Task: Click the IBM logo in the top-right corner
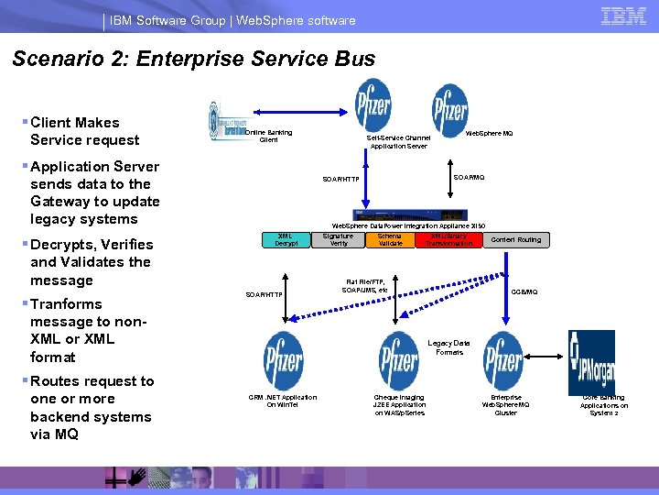[x=624, y=16]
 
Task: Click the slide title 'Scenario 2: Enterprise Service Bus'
[x=194, y=60]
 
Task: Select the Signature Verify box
[x=339, y=240]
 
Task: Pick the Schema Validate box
[x=391, y=240]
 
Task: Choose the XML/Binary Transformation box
[x=449, y=240]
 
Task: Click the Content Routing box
[x=516, y=240]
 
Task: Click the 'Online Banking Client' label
[x=269, y=137]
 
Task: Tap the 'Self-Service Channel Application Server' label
[x=398, y=142]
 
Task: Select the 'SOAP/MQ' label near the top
[x=470, y=177]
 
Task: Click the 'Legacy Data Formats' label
[x=449, y=347]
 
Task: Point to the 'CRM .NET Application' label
[x=284, y=401]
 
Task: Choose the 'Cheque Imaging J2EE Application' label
[x=399, y=404]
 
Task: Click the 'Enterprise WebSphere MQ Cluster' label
[x=506, y=404]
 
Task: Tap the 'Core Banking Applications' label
[x=604, y=404]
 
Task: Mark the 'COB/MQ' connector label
[x=524, y=291]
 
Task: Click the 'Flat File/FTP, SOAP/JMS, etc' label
[x=365, y=286]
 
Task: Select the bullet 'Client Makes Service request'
[x=84, y=131]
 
